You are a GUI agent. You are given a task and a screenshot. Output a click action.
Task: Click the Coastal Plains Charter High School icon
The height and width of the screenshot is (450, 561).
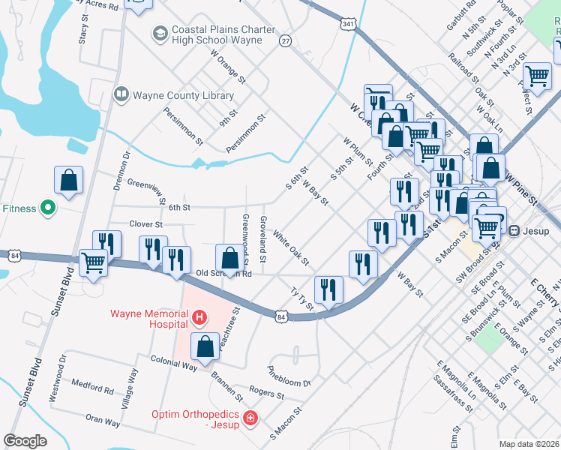click(x=159, y=34)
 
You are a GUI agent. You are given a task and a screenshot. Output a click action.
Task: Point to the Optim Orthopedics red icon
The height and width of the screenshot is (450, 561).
click(x=251, y=417)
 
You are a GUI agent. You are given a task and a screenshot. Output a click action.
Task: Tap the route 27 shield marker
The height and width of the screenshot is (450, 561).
click(x=285, y=40)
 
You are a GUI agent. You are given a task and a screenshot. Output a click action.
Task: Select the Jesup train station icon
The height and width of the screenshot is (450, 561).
click(x=514, y=229)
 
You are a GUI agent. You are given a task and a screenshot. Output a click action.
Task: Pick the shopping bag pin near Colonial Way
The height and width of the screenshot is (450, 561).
click(x=205, y=346)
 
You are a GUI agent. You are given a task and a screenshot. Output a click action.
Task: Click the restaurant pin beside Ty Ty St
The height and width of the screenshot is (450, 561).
click(x=328, y=289)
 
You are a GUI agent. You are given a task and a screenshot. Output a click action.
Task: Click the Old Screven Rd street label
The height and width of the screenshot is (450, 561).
click(x=223, y=274)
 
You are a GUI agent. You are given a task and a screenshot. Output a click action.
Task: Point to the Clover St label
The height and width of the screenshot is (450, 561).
click(x=145, y=224)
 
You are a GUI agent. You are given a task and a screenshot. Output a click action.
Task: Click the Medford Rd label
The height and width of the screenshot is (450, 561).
click(x=92, y=387)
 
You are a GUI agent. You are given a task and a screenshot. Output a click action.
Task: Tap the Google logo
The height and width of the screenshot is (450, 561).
click(x=25, y=441)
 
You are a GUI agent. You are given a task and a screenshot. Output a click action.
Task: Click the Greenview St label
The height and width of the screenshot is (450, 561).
click(x=147, y=190)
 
